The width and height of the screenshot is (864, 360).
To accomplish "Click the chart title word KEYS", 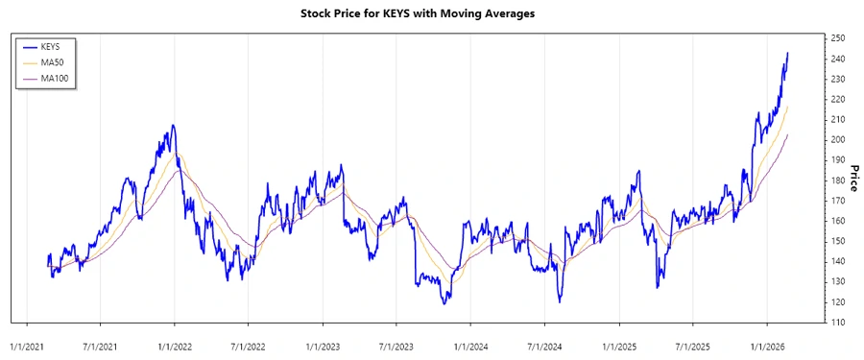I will pos(396,15).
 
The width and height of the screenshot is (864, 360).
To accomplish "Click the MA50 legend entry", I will pos(54,62).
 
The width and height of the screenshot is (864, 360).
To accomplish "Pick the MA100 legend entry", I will pos(56,78).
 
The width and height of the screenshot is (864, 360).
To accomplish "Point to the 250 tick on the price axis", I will pos(838,38).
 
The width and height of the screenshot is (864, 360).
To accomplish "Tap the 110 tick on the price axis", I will pos(838,323).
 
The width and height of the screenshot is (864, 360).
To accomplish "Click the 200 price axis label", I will pos(838,140).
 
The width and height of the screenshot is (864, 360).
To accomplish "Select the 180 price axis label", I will pos(838,180).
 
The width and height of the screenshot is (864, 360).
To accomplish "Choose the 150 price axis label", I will pos(838,241).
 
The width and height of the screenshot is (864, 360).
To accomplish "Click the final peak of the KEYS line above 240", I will pos(788,53).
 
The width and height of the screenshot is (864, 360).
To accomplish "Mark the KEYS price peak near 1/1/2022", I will pos(173,125).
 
